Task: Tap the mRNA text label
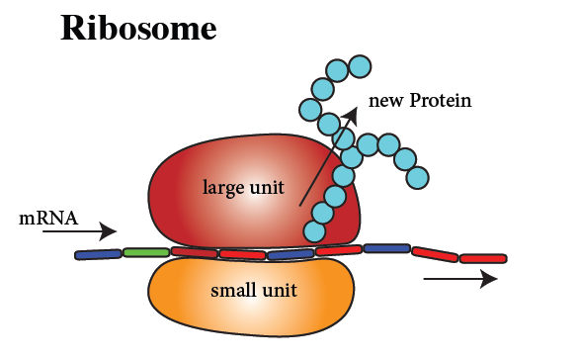[x=48, y=218]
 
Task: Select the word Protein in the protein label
[x=437, y=101]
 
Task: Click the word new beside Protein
[x=383, y=101]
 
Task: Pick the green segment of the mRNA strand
[x=145, y=253]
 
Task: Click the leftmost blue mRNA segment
[x=99, y=254]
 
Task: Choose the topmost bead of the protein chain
[x=361, y=66]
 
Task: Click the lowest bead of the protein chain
[x=315, y=231]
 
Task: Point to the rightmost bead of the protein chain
[x=418, y=178]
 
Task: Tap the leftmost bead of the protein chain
[x=309, y=109]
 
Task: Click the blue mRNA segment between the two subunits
[x=289, y=254]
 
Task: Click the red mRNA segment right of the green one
[x=194, y=252]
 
